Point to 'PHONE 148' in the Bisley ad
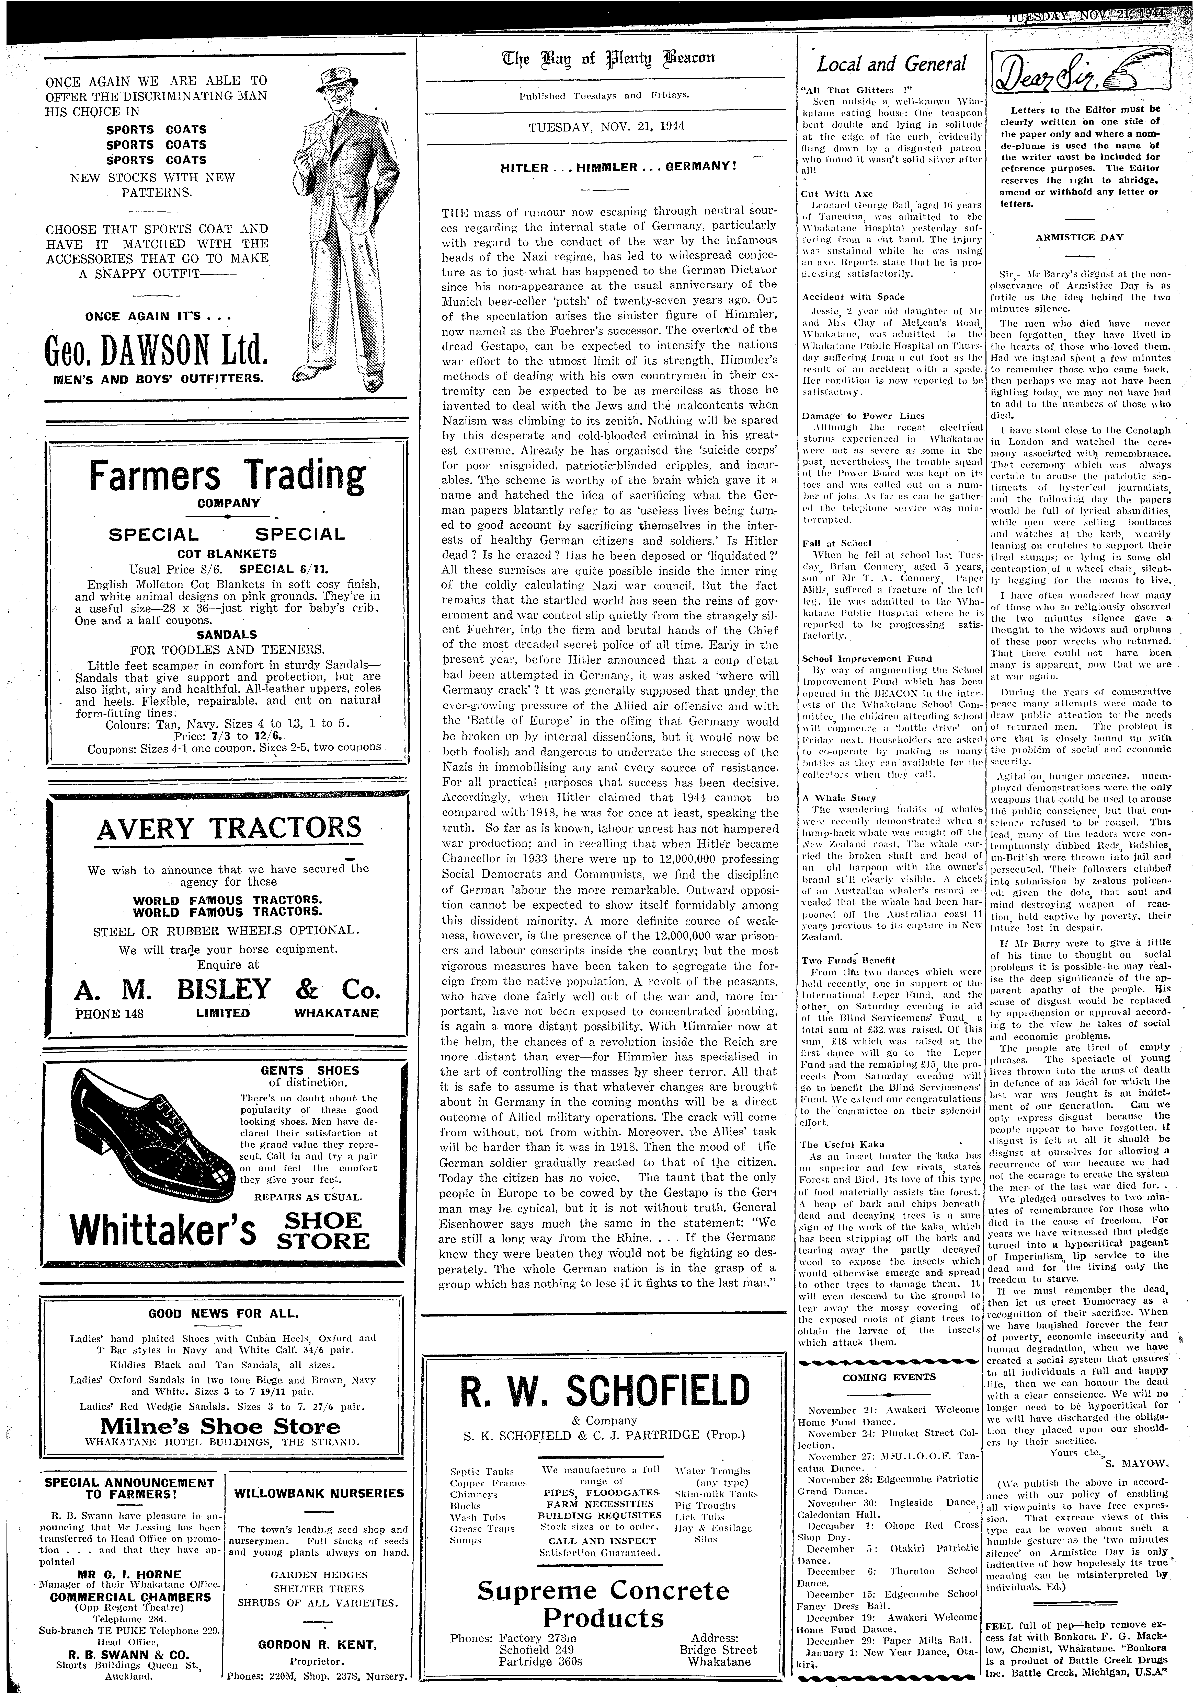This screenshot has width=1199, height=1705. (109, 1013)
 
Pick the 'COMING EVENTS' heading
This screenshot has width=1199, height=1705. (889, 1377)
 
